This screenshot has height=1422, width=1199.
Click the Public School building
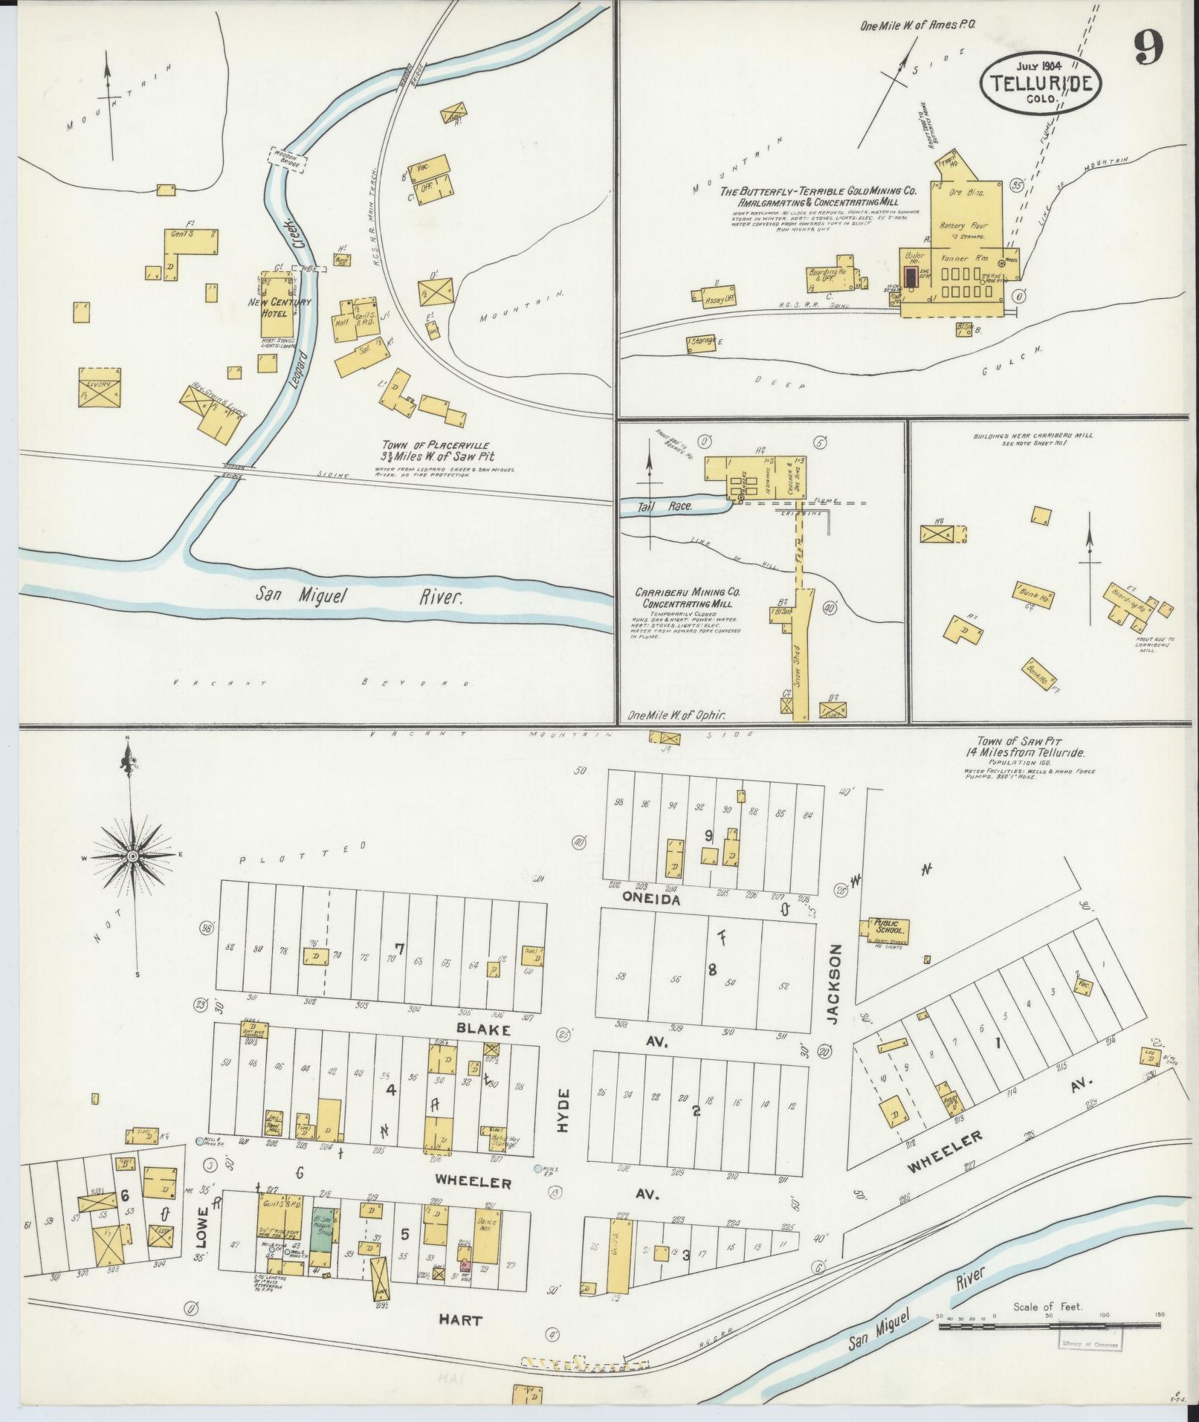click(889, 928)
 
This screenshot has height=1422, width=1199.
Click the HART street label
click(460, 1320)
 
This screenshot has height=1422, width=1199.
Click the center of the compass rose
click(132, 857)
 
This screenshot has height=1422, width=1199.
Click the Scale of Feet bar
click(1049, 1325)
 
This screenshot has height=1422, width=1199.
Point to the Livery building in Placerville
click(100, 387)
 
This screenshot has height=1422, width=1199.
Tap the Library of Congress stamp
click(1089, 1340)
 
